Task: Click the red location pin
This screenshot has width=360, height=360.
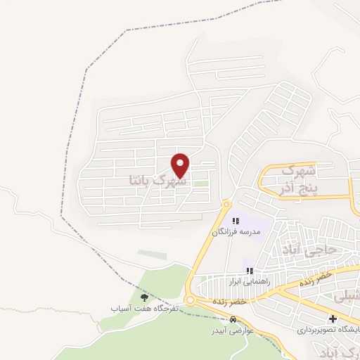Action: [x=181, y=165]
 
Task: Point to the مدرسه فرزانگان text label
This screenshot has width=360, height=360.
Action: [x=236, y=231]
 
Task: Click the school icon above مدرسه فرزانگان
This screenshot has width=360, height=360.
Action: [x=236, y=221]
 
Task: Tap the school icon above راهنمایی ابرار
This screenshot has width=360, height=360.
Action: [x=247, y=270]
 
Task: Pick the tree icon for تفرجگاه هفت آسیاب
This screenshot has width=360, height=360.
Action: [x=144, y=297]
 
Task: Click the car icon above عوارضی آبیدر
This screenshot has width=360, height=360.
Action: [x=233, y=321]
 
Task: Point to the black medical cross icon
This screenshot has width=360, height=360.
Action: [x=332, y=319]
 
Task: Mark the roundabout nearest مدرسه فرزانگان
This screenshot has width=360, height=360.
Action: [x=226, y=204]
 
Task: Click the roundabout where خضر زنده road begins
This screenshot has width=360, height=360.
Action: [x=191, y=300]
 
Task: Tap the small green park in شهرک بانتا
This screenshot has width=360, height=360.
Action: [x=202, y=184]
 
